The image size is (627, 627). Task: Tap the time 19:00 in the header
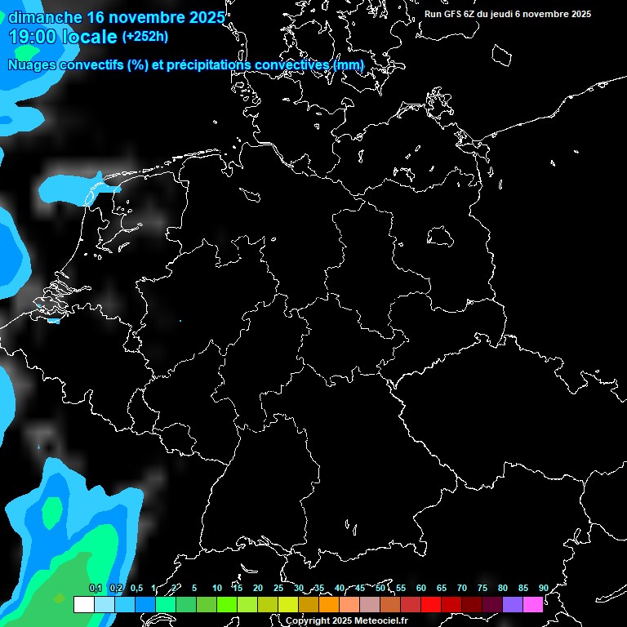coord(31,37)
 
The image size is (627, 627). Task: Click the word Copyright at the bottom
coord(307,621)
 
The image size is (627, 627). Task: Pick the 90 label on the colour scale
coord(543,589)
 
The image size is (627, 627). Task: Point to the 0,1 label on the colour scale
coord(95,589)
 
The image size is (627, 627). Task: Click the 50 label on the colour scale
coord(380,589)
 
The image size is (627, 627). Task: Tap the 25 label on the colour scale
coord(278,589)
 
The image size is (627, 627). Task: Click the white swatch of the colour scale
coord(83,605)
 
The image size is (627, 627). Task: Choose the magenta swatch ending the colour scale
coord(532,605)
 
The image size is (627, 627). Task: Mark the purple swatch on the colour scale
coord(512,605)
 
